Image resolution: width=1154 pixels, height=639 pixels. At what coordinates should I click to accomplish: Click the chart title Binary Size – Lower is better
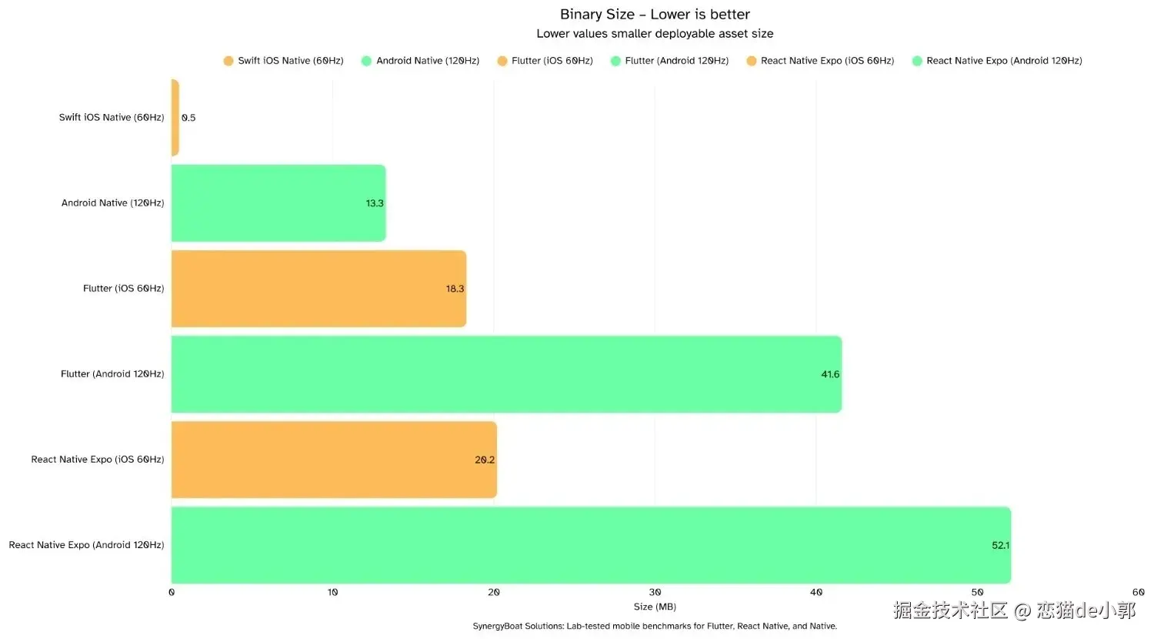(x=655, y=15)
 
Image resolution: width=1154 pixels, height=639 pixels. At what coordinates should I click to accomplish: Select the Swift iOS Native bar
(x=175, y=118)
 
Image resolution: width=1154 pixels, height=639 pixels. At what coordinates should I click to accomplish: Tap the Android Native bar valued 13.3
(x=278, y=203)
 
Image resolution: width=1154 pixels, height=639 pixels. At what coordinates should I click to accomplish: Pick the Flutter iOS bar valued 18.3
(x=319, y=289)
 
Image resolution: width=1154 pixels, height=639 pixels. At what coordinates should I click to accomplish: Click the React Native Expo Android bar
(x=590, y=545)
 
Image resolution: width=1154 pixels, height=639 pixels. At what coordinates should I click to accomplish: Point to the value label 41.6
(x=830, y=374)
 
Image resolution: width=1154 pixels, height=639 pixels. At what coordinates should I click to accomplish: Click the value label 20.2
(x=485, y=460)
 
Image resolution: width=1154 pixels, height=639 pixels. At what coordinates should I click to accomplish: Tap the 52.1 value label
(x=1000, y=545)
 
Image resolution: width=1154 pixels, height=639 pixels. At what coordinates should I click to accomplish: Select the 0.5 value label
(x=188, y=118)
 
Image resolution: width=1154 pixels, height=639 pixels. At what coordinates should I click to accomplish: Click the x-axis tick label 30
(x=655, y=592)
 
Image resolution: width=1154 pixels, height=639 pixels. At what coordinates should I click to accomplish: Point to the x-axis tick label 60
(x=1138, y=592)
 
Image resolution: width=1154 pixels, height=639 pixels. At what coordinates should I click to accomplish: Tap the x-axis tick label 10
(x=332, y=592)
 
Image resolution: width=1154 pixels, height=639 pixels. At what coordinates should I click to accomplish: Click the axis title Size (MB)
(x=655, y=607)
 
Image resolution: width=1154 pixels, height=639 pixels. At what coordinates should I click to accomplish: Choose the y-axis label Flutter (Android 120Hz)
(x=112, y=374)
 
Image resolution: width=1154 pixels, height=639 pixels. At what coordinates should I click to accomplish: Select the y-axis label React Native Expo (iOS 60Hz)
(x=98, y=460)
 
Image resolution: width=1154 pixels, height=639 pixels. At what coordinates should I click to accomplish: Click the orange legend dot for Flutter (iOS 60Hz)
(x=502, y=61)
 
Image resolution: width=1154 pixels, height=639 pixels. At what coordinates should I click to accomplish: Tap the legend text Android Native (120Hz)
(x=428, y=61)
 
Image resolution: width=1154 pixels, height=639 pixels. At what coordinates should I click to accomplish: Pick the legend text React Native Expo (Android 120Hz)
(x=1004, y=61)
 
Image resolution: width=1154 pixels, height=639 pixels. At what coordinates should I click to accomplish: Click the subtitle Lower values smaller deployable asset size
(x=655, y=34)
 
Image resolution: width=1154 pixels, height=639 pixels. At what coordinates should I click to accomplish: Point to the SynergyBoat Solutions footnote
(x=655, y=626)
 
